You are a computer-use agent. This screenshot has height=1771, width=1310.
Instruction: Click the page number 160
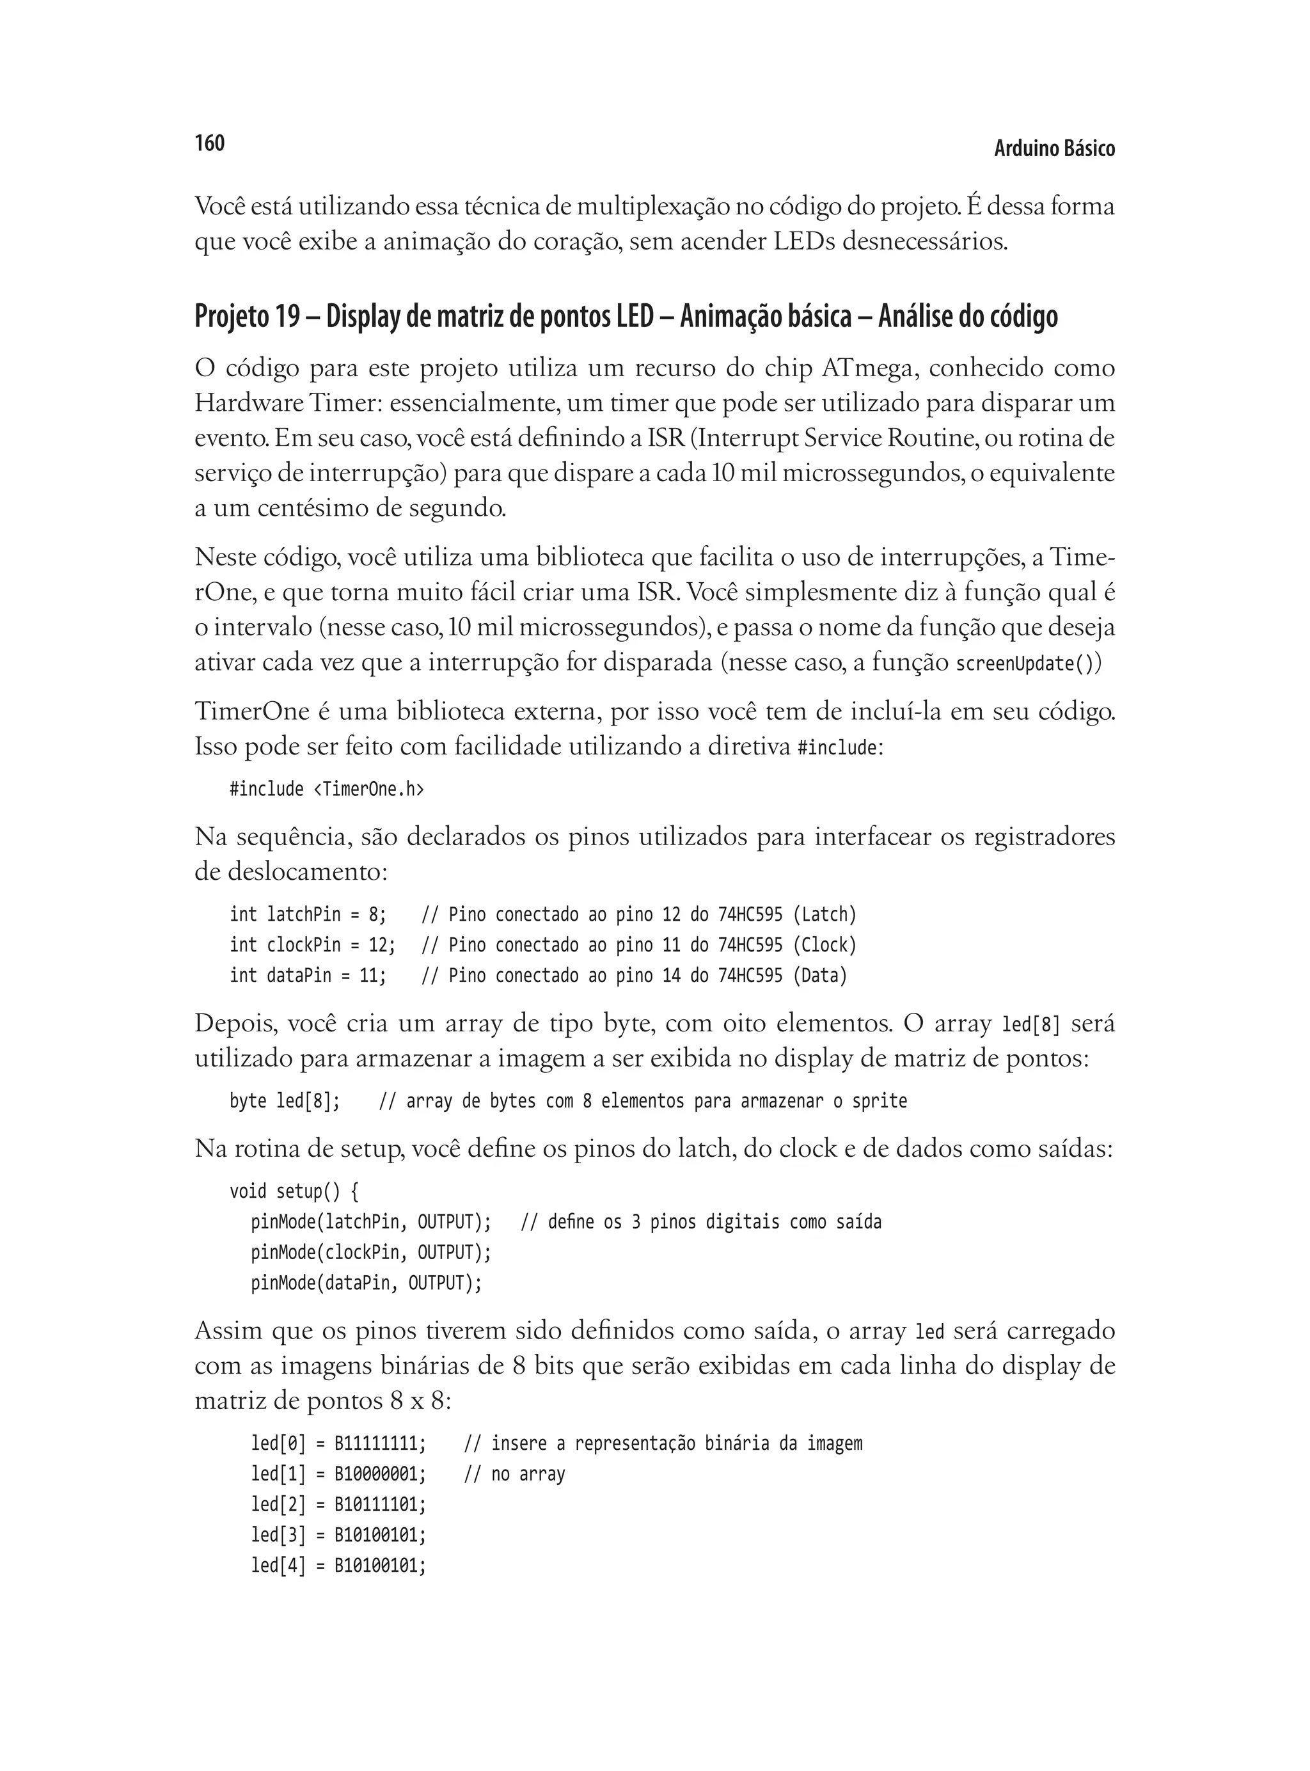tap(209, 143)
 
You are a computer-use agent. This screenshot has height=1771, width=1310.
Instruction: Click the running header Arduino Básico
tap(1054, 149)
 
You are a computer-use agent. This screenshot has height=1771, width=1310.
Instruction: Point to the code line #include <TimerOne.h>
tap(327, 789)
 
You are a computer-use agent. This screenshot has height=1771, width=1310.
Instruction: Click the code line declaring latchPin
tap(308, 915)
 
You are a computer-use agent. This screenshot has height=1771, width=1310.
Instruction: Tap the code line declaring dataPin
tap(308, 976)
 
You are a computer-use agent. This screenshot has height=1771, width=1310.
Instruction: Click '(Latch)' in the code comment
tap(825, 915)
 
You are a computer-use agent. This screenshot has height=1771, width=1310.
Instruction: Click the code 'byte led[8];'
tap(285, 1102)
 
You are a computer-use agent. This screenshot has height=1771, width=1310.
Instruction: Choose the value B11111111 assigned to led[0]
tap(377, 1443)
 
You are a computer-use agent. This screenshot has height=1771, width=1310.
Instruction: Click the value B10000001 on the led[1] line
tap(377, 1474)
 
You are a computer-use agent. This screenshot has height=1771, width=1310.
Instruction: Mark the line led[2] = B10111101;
tap(338, 1504)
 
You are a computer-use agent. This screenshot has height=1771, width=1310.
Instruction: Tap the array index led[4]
tap(278, 1566)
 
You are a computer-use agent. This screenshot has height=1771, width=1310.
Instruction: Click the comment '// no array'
tap(515, 1474)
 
